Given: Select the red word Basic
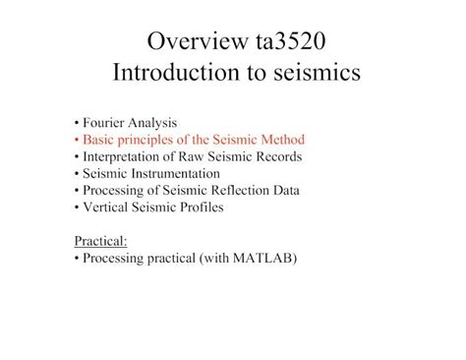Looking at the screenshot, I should point(99,140).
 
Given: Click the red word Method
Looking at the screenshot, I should point(281,140).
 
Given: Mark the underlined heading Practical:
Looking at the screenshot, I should point(100,241).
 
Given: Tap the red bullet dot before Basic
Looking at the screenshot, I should point(76,140).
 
